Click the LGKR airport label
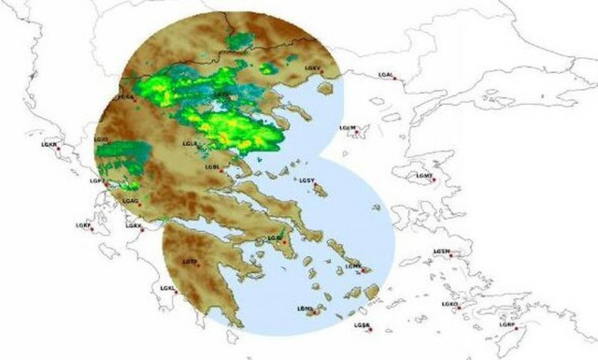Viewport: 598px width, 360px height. [x=49, y=145]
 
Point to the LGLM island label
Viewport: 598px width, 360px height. [x=348, y=127]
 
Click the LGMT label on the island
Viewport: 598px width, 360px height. [x=423, y=175]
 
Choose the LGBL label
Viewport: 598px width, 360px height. [x=212, y=167]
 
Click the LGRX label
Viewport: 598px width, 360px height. [x=134, y=225]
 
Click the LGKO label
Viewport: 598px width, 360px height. [x=450, y=304]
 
